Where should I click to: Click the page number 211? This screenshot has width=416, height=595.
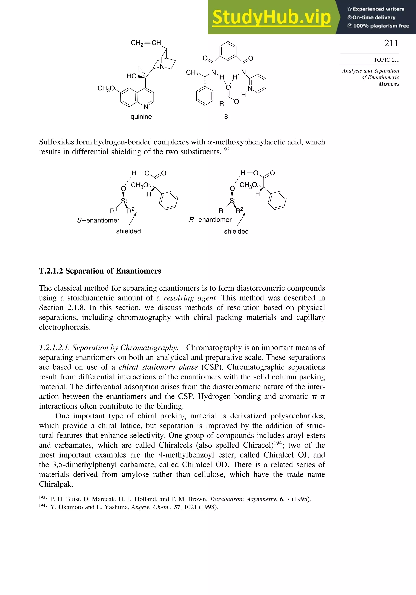pyautogui.click(x=391, y=43)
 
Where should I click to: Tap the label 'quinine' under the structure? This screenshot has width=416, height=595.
pyautogui.click(x=141, y=117)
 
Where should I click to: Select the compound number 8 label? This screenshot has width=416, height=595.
pyautogui.click(x=226, y=117)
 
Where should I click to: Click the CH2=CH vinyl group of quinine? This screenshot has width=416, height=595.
pyautogui.click(x=146, y=43)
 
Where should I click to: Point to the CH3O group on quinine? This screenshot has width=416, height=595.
pyautogui.click(x=106, y=89)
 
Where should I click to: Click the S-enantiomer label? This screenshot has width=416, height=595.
pyautogui.click(x=98, y=220)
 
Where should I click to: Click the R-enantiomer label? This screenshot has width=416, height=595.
pyautogui.click(x=210, y=220)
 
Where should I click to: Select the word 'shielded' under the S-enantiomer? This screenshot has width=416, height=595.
pyautogui.click(x=128, y=231)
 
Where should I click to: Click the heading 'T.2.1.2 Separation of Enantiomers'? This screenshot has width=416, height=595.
pyautogui.click(x=100, y=271)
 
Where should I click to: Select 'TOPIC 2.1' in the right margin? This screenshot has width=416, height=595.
pyautogui.click(x=386, y=60)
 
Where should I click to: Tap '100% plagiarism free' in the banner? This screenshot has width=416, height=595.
pyautogui.click(x=381, y=26)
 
